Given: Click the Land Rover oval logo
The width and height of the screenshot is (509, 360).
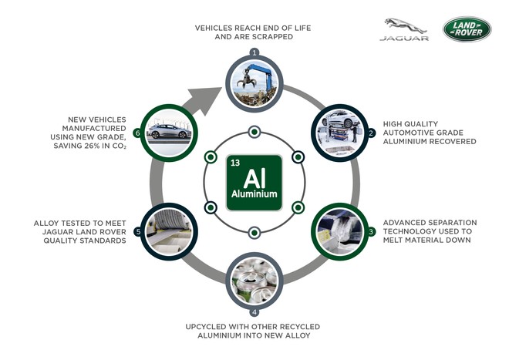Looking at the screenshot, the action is [x=467, y=29].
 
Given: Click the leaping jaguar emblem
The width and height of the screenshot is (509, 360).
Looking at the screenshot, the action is [x=406, y=25].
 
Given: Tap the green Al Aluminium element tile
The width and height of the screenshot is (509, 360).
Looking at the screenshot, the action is [x=254, y=182].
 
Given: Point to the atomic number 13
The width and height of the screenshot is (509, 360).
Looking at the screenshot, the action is [x=235, y=163].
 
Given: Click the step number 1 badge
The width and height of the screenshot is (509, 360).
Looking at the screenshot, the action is [x=254, y=52].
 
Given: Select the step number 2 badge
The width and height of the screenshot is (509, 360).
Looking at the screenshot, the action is [x=371, y=133].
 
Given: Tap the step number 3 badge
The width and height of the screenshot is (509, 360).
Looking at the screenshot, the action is [x=371, y=231].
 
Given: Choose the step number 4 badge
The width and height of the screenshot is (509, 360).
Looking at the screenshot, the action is [x=254, y=312].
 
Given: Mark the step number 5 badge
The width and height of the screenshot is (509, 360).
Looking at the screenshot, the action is [x=138, y=231].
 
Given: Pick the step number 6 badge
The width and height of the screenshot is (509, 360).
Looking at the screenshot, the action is [x=138, y=133].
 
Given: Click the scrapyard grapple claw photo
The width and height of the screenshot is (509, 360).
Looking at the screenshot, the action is [x=254, y=83].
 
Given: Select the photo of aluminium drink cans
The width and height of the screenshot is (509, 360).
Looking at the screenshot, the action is [x=254, y=281].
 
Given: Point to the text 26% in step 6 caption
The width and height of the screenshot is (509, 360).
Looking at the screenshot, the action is [x=93, y=146].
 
